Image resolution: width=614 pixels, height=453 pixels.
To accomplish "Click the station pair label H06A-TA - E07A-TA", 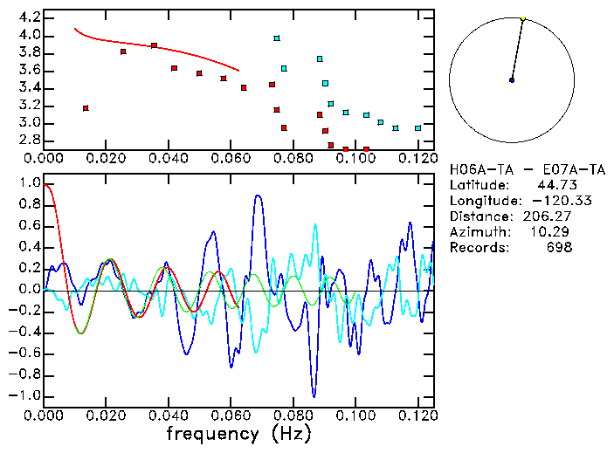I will (x=527, y=169).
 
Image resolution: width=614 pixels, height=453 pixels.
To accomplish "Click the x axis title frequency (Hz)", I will (x=238, y=434).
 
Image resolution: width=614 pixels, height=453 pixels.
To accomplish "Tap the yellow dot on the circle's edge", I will (x=523, y=18).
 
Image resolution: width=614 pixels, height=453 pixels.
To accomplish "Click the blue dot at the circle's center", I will (x=512, y=80).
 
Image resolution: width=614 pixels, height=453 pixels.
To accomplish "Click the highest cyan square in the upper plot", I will (x=277, y=38).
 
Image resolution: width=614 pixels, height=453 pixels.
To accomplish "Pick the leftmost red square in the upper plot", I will (x=86, y=108).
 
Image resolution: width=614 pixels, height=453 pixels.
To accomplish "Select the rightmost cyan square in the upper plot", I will (x=417, y=128).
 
